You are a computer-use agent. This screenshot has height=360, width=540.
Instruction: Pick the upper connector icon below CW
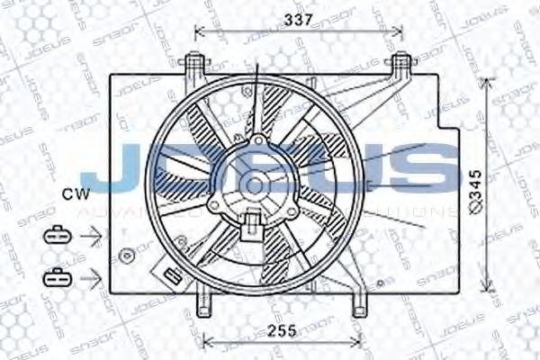coord(56,235)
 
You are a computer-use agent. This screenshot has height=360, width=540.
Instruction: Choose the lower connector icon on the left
coord(56,276)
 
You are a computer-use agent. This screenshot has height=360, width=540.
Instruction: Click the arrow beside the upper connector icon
coord(90,236)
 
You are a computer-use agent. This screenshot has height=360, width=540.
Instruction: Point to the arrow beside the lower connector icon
coord(90,277)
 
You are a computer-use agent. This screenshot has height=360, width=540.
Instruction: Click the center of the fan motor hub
coord(256,184)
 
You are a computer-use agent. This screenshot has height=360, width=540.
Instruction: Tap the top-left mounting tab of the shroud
coord(192,64)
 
